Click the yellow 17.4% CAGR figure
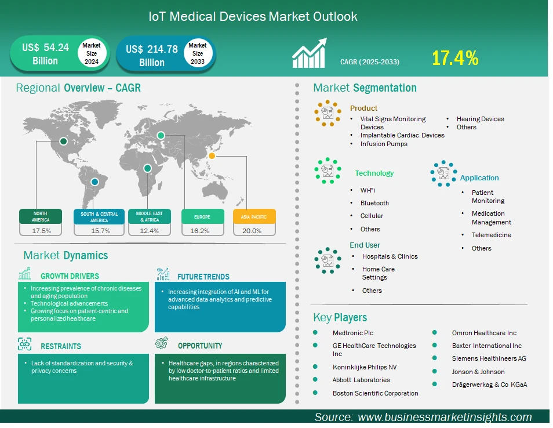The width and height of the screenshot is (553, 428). point(455,58)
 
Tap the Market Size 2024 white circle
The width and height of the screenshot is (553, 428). point(92,53)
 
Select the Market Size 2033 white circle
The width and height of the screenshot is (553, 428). point(198,53)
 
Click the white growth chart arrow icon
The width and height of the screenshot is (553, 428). point(310,53)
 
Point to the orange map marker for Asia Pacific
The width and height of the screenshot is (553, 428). point(212,155)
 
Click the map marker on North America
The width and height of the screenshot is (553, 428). point(64,141)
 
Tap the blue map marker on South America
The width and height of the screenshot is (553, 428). point(94,182)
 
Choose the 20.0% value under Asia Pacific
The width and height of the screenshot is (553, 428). point(252,231)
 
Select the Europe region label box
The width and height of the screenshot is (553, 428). point(202,216)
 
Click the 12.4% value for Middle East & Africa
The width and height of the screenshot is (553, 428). point(149,231)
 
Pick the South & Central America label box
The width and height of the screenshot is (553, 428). point(99,217)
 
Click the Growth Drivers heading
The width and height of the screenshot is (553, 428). point(70,276)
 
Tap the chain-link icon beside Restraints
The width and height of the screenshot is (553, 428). point(25,344)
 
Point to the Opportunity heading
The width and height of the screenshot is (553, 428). point(200,346)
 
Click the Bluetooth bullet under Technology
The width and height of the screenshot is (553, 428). point(374,203)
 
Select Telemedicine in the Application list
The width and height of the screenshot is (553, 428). point(492,235)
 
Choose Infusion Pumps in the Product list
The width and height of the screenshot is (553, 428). point(384,144)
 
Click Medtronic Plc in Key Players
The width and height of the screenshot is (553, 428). point(352,333)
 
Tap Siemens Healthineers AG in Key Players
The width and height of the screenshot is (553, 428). point(489,358)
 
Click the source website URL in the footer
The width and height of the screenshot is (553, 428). point(445,417)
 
